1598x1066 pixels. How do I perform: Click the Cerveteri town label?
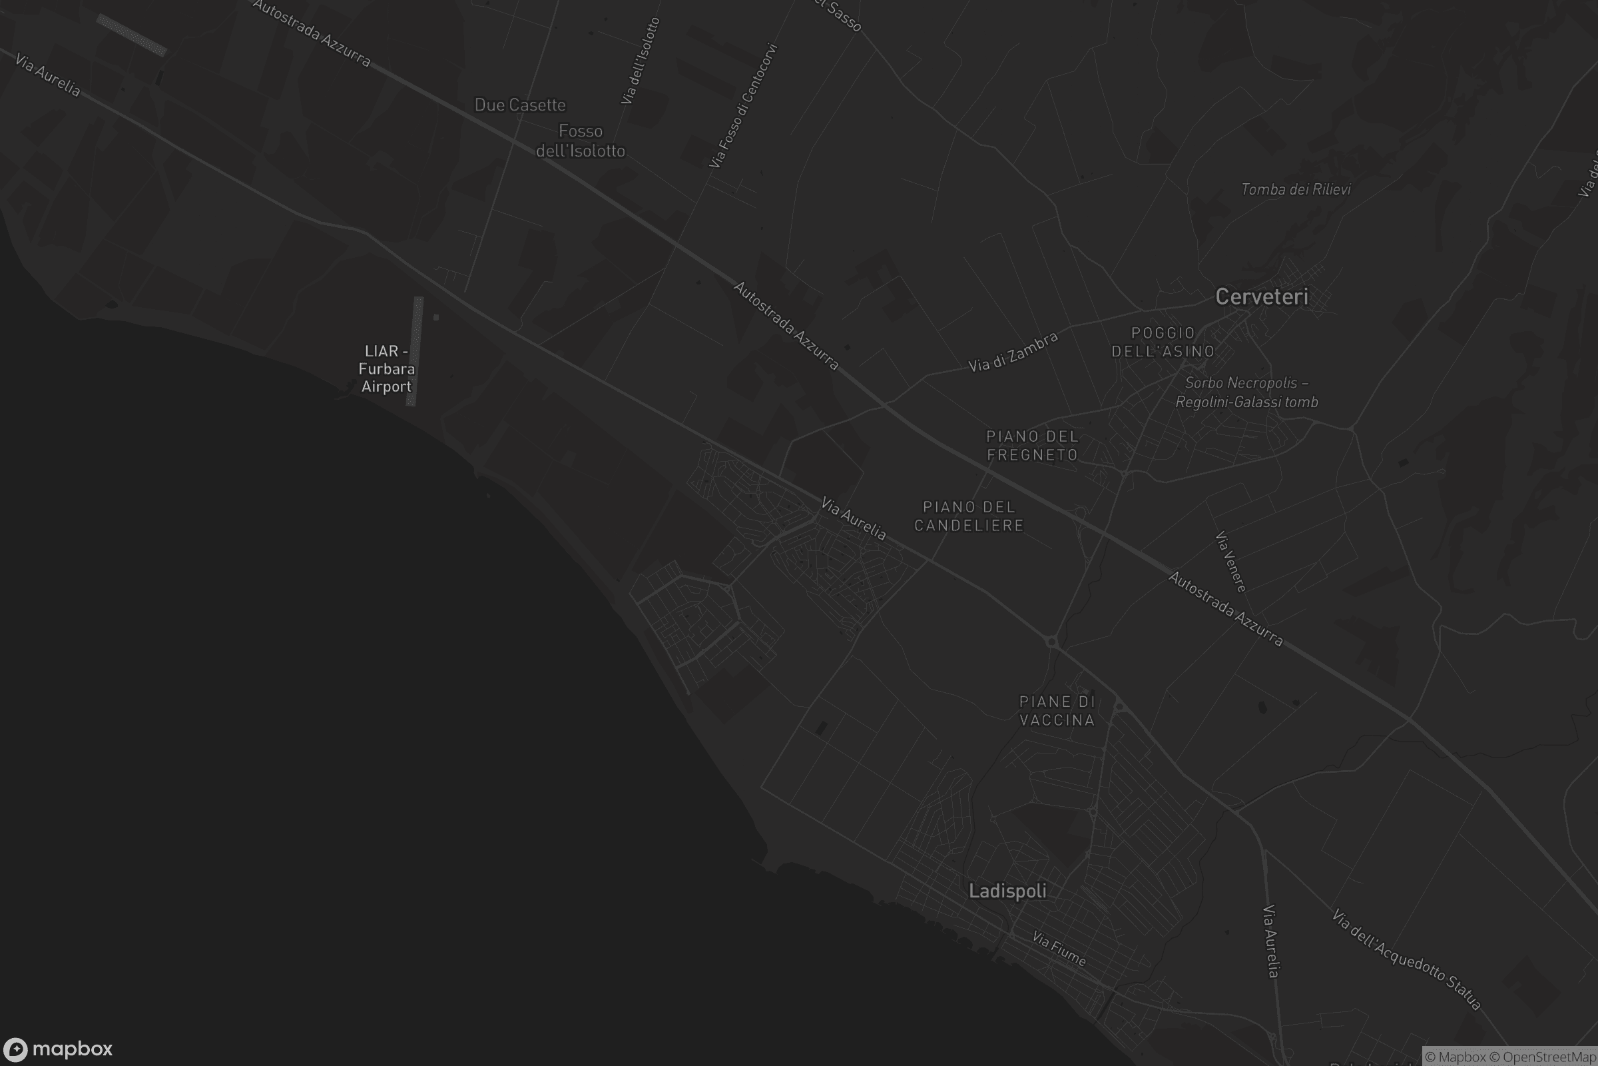[x=1261, y=297]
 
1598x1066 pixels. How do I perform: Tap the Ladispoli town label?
[x=1007, y=891]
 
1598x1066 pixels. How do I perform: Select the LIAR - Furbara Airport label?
[x=386, y=368]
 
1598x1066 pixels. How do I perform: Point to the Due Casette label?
[x=520, y=105]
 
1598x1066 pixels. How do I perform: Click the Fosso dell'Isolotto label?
[x=580, y=141]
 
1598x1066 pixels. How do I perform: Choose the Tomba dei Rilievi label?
[x=1295, y=190]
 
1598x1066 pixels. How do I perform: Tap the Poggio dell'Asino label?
[x=1163, y=342]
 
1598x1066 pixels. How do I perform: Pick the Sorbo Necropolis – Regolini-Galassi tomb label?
[x=1246, y=392]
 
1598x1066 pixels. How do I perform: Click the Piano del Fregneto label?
[x=1032, y=445]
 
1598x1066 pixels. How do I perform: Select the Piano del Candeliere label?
[x=969, y=516]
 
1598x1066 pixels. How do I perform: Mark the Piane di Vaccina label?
[x=1057, y=710]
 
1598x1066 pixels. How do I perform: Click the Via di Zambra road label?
[x=1013, y=352]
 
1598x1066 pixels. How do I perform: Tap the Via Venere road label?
[x=1230, y=562]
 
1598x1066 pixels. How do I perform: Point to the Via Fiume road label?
[x=1059, y=948]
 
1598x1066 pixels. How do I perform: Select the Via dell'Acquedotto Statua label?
[x=1406, y=959]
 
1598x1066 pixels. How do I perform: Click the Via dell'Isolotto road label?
[x=640, y=61]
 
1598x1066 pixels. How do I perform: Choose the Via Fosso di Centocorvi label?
[x=742, y=106]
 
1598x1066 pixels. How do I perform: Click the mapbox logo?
[x=59, y=1049]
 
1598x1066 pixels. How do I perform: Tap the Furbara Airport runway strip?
[x=414, y=351]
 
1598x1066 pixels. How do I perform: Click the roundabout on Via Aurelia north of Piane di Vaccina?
[x=1052, y=641]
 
